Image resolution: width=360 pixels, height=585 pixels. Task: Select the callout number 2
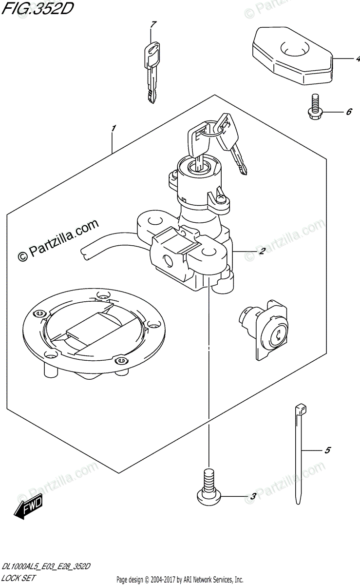262,252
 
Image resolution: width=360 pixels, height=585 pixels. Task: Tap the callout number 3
253,497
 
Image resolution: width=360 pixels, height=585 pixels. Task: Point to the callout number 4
357,59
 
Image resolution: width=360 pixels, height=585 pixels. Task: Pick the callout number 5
327,450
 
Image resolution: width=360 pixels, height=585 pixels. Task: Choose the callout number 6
349,112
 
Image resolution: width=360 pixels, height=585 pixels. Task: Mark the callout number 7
153,24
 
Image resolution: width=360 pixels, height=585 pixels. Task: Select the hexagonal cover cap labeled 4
291,56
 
